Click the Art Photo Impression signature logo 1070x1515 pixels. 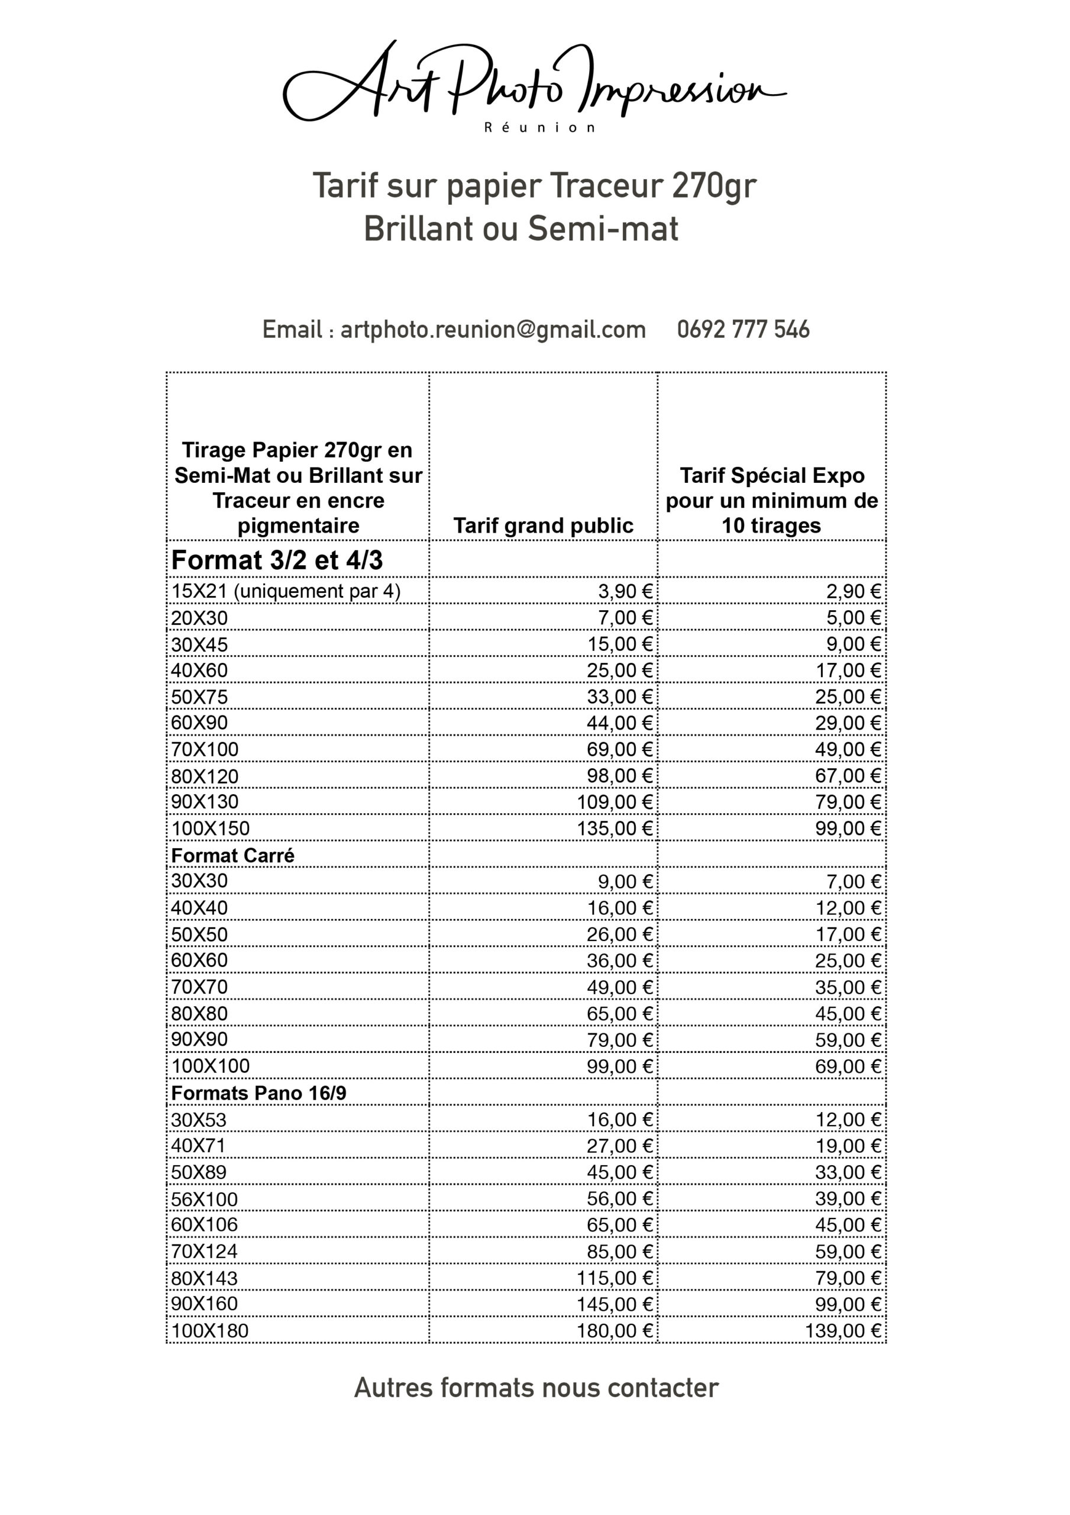click(534, 82)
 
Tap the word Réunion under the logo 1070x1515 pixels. click(540, 128)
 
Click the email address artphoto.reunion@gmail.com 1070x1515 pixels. click(493, 329)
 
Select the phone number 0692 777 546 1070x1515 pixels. click(743, 329)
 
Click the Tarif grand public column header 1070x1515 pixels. click(543, 526)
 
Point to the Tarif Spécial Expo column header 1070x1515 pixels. click(772, 500)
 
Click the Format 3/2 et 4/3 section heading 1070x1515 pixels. click(276, 560)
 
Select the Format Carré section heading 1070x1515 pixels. click(232, 855)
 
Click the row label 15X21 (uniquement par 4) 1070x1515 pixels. click(286, 591)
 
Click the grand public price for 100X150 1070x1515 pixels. click(614, 828)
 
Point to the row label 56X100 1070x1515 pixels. click(204, 1199)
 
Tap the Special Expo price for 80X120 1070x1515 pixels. click(848, 775)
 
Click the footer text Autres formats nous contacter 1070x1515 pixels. click(536, 1388)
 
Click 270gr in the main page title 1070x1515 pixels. click(714, 185)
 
